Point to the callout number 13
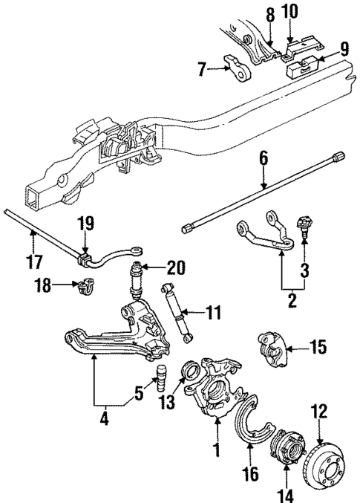[x=170, y=403]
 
